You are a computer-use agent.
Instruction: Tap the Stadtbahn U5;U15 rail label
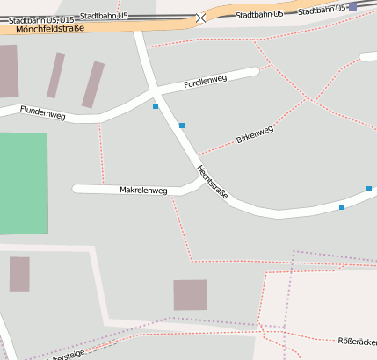click(x=40, y=19)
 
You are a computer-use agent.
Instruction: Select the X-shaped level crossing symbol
click(x=202, y=17)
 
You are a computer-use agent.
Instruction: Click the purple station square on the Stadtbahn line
click(x=352, y=6)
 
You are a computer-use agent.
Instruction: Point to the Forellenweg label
click(x=206, y=83)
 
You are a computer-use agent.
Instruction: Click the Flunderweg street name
click(x=42, y=112)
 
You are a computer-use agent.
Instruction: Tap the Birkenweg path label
click(x=255, y=134)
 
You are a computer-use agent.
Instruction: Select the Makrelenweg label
click(x=142, y=190)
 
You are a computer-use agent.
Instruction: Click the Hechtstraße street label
click(x=213, y=181)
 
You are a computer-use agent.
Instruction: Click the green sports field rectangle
click(x=23, y=183)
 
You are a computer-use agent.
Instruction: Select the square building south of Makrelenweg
click(x=190, y=295)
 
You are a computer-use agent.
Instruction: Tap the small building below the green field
click(x=19, y=274)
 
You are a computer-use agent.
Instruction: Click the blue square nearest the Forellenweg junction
click(x=156, y=106)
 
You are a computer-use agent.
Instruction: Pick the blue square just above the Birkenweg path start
click(x=182, y=126)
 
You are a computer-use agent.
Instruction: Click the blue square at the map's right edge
click(x=369, y=189)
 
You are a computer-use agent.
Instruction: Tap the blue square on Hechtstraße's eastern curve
click(x=342, y=207)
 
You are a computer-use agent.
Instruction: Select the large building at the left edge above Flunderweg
click(x=8, y=71)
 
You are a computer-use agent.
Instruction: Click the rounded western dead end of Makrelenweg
click(x=76, y=189)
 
